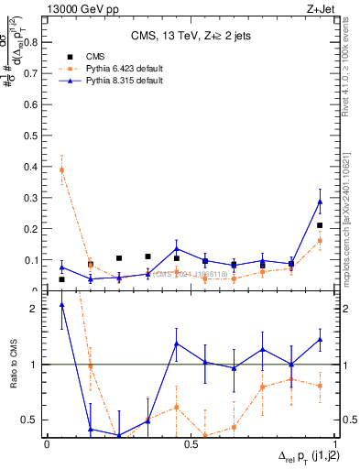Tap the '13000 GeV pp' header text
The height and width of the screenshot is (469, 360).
[80, 10]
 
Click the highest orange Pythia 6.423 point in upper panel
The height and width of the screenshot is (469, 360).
[61, 169]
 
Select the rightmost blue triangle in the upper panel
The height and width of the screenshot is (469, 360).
[320, 202]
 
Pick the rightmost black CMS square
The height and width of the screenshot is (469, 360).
[320, 225]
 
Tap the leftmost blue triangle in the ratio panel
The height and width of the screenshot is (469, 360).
[61, 304]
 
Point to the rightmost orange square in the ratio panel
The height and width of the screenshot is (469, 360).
[320, 386]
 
